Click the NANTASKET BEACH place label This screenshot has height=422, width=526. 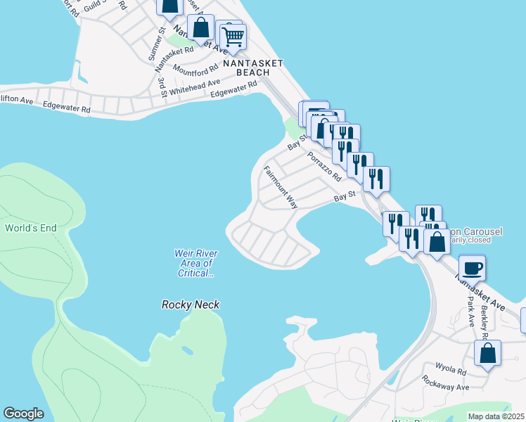252,68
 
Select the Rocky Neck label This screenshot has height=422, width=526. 191,305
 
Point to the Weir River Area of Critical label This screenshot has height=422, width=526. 195,263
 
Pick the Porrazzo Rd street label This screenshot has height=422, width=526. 324,166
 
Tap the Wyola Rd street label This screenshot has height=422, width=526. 451,370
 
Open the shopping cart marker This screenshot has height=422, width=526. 232,36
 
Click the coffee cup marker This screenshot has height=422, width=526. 472,267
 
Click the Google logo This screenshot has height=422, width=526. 24,414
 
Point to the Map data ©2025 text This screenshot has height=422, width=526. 496,416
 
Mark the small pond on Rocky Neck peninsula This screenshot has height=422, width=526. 186,350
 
